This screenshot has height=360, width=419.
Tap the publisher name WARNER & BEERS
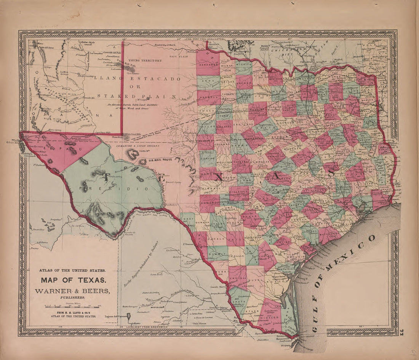pos(72,291)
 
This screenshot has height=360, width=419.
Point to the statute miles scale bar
pos(72,306)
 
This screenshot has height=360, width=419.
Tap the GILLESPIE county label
pos(239,190)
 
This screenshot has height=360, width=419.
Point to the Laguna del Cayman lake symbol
pos(129,316)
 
